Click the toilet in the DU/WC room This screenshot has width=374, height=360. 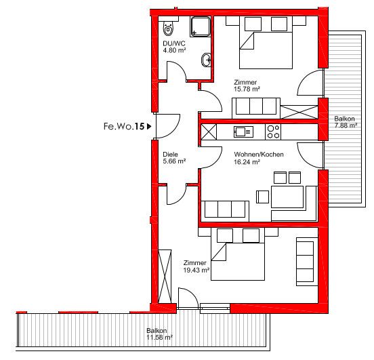[169, 28]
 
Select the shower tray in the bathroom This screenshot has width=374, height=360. [201, 26]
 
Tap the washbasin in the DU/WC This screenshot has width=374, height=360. [206, 60]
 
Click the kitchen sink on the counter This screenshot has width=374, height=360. [243, 132]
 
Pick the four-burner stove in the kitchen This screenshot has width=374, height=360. [273, 132]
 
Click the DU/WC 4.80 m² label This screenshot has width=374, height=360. [174, 47]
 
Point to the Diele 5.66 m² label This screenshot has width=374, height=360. [174, 158]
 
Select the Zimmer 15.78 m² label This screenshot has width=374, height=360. [247, 85]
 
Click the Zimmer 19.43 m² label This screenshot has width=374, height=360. [196, 266]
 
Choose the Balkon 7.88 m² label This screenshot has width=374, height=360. [346, 122]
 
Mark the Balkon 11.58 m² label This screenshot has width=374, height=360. [159, 334]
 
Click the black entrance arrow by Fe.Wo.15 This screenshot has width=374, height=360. [149, 126]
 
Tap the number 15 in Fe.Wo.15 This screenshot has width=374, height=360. [140, 126]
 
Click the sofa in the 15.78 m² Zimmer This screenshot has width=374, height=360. [256, 108]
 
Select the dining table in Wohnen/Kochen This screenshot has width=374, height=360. [287, 197]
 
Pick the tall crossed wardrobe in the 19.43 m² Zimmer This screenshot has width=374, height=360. [165, 277]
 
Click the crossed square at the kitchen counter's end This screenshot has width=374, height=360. [209, 132]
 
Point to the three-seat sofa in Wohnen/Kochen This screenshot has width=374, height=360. [225, 211]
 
